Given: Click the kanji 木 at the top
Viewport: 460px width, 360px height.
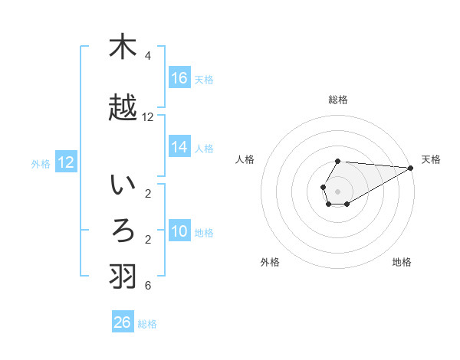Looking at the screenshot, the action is click(122, 47).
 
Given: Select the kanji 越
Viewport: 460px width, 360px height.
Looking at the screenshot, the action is click(122, 108).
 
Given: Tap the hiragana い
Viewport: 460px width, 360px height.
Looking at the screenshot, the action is click(122, 185).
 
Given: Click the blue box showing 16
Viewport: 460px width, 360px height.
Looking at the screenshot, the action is click(179, 78).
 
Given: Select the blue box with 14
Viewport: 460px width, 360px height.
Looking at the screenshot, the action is click(179, 147).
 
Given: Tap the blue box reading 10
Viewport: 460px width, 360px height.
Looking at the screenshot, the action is click(179, 231).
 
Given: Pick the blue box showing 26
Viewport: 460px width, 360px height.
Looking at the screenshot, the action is click(123, 322).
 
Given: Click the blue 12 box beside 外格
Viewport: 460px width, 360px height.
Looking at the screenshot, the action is click(66, 162).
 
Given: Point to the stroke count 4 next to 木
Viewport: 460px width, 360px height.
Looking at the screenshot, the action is click(147, 56).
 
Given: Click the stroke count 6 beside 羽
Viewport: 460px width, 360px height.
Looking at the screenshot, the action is click(147, 286).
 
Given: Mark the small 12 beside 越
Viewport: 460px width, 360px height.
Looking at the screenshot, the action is click(148, 117).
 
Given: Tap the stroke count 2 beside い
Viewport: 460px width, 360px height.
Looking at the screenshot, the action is click(147, 194).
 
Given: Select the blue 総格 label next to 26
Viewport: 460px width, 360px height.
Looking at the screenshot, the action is click(147, 324).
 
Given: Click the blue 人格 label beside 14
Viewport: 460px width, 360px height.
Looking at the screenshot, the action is click(203, 149).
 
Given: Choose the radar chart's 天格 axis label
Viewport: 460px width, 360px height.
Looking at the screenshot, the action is click(431, 159).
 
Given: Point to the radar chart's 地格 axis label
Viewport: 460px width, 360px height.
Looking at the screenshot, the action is click(402, 262).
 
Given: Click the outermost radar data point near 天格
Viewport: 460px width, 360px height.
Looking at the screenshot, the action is click(411, 168).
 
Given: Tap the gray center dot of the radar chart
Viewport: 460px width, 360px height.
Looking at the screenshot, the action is click(338, 191).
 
